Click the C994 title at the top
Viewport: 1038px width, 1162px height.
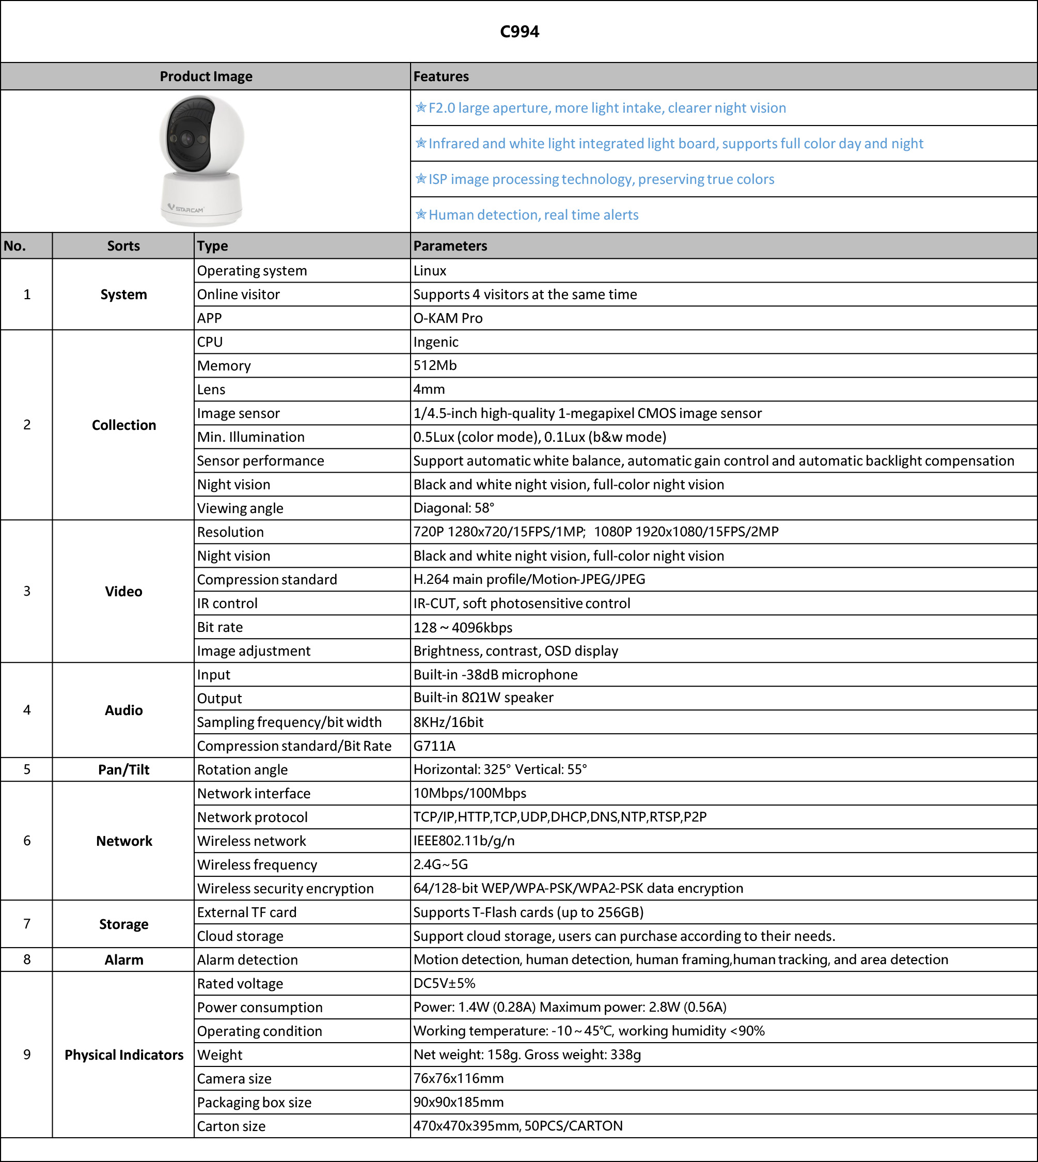(x=519, y=32)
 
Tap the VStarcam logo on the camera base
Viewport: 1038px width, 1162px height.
(x=186, y=209)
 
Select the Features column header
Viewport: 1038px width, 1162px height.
(x=441, y=76)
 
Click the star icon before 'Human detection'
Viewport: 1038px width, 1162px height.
(x=421, y=214)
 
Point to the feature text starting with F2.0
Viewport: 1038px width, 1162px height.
(x=607, y=108)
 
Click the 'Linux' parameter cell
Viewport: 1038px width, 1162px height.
(x=430, y=271)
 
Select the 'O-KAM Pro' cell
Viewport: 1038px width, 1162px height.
(x=448, y=318)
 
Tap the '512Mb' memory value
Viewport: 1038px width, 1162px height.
(x=435, y=365)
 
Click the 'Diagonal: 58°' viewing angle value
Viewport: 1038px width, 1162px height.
(x=454, y=508)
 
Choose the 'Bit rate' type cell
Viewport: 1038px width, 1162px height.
(x=220, y=627)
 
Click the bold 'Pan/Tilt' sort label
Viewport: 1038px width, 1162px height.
(x=124, y=770)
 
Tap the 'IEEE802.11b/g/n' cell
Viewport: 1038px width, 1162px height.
(x=464, y=841)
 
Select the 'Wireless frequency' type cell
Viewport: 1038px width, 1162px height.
(x=257, y=864)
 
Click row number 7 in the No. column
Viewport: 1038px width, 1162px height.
(x=27, y=924)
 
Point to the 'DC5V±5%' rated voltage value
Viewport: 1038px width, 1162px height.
(x=444, y=983)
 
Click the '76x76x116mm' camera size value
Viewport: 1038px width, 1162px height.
(x=459, y=1079)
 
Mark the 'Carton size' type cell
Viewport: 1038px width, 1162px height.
(x=231, y=1126)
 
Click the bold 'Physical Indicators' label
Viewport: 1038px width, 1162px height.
(x=124, y=1055)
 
